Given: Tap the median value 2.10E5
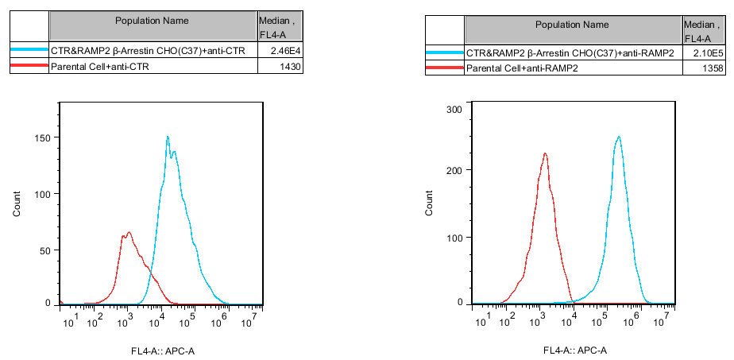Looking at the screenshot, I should [x=702, y=53].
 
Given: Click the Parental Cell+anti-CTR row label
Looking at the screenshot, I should [x=100, y=67].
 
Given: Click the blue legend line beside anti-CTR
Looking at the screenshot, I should [x=29, y=50].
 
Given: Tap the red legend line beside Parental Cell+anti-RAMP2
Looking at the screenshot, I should [x=445, y=69].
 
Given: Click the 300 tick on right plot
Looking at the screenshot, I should [x=455, y=109].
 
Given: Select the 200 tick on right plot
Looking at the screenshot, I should [x=455, y=170].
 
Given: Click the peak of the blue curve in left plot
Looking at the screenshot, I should [x=168, y=137].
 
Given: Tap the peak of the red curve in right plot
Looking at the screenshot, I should [x=545, y=153].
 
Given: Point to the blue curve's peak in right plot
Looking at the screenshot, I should [x=618, y=137].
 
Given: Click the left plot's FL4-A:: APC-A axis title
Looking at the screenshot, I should [x=163, y=350].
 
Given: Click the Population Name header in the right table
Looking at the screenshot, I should [x=572, y=25].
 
